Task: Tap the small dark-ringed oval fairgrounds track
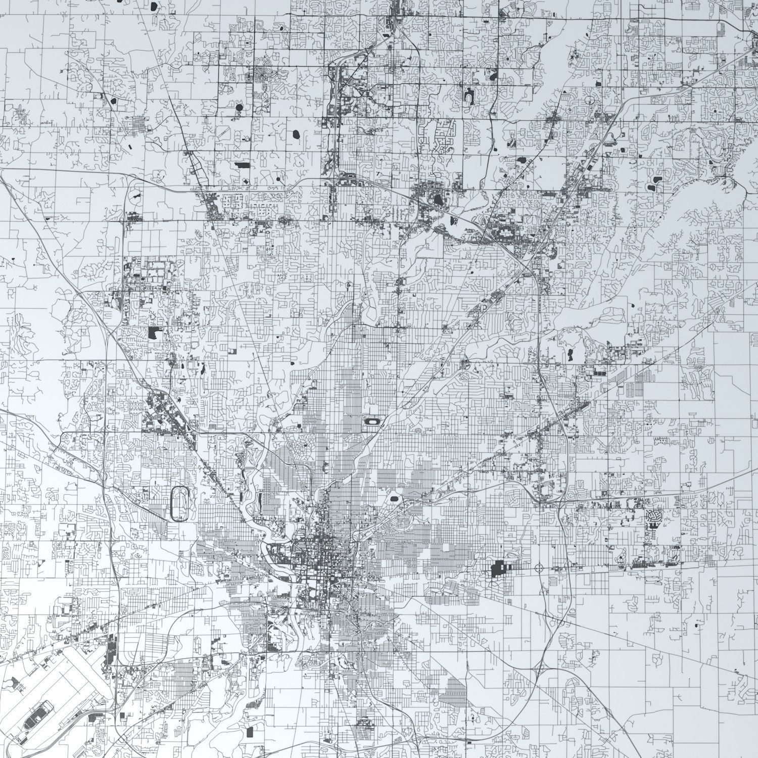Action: click(372, 420)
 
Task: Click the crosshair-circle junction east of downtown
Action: click(539, 568)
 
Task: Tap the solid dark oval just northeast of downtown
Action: click(394, 500)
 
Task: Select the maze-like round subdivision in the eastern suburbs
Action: click(653, 517)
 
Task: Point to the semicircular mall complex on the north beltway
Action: click(505, 233)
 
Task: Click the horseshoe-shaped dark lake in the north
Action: click(468, 94)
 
